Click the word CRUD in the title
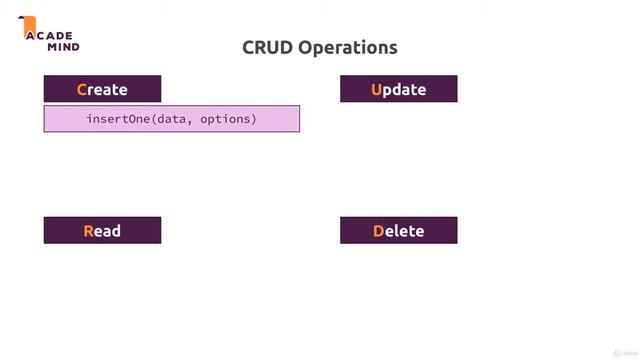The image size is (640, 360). pos(264,47)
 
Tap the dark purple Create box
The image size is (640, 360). pos(102,89)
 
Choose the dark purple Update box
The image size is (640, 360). pos(398,89)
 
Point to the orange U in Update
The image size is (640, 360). pos(377,89)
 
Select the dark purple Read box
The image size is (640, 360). pos(102,231)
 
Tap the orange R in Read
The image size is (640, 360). pos(88,231)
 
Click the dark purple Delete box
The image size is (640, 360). pos(398,231)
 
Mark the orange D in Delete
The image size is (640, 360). pos(379,231)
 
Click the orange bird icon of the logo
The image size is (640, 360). pos(29,26)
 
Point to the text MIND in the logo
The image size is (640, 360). pos(62,46)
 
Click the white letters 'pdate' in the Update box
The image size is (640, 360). pos(405,89)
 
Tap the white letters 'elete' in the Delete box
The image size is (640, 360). pos(405,231)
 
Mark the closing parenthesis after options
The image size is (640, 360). pos(254,119)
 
